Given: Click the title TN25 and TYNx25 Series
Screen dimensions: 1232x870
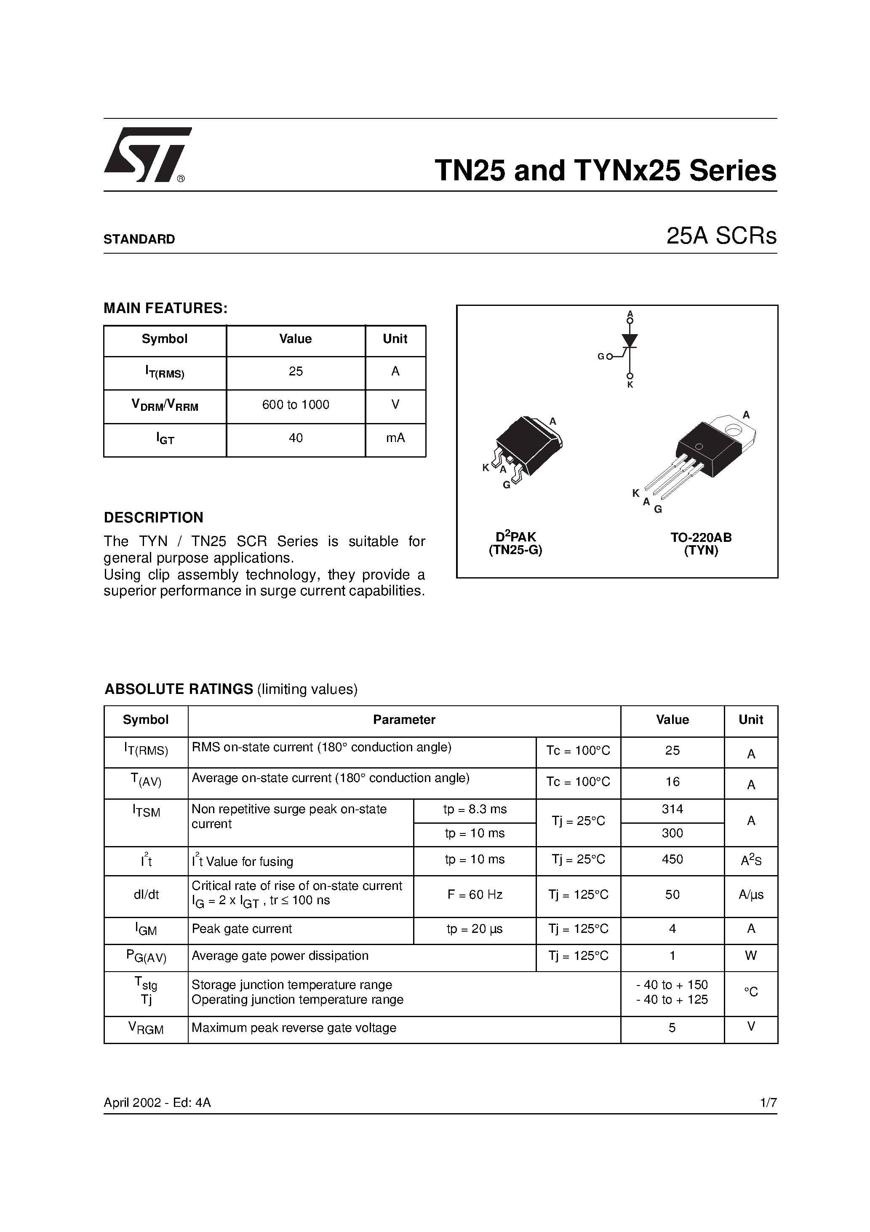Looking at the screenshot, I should pyautogui.click(x=605, y=171).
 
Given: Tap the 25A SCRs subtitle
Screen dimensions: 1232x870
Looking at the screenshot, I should pyautogui.click(x=721, y=236).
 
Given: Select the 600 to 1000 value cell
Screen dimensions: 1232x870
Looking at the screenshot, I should pyautogui.click(x=296, y=405).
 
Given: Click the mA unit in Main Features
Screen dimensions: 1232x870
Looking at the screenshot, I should pyautogui.click(x=395, y=438).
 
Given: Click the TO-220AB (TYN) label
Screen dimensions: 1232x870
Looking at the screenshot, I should pyautogui.click(x=701, y=544).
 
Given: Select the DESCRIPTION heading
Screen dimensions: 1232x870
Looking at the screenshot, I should pyautogui.click(x=153, y=518).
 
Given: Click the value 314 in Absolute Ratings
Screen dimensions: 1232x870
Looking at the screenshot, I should pyautogui.click(x=672, y=809).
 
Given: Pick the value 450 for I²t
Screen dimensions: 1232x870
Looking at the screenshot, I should pyautogui.click(x=672, y=860).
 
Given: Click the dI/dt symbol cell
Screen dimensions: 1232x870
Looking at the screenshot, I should pyautogui.click(x=146, y=895).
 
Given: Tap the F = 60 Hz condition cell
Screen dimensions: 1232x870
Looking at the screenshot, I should pyautogui.click(x=475, y=895).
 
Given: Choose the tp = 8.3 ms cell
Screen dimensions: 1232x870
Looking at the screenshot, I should pyautogui.click(x=475, y=809).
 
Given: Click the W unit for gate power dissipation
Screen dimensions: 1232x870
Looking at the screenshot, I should pyautogui.click(x=750, y=956).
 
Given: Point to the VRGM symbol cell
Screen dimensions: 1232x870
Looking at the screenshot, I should pyautogui.click(x=146, y=1028).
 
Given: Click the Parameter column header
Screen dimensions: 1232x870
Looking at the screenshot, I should pyautogui.click(x=404, y=720).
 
